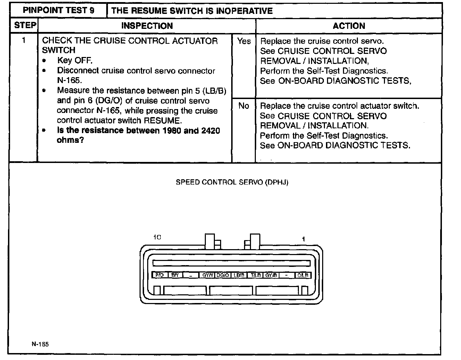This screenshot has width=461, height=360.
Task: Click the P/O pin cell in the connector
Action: (x=159, y=275)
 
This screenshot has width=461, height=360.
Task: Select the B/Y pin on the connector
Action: (x=175, y=275)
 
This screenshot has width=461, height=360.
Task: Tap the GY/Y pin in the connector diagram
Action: (x=208, y=275)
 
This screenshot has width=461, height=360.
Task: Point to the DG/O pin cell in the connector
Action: (x=223, y=275)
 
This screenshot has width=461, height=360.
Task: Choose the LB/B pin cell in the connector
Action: (x=239, y=275)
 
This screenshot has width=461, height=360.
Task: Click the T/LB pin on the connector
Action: (x=255, y=275)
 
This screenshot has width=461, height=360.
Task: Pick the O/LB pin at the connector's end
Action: (x=303, y=275)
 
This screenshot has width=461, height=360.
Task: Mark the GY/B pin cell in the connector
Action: (x=271, y=275)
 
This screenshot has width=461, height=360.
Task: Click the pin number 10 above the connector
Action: (x=157, y=237)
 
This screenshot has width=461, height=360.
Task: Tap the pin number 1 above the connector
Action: (x=303, y=239)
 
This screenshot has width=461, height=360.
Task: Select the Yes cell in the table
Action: (x=244, y=41)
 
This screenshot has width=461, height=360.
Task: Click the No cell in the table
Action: (x=244, y=106)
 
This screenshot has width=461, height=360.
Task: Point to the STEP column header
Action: (x=25, y=25)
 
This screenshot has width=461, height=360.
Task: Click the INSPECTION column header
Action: (x=147, y=26)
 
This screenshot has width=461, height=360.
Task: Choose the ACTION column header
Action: (x=349, y=26)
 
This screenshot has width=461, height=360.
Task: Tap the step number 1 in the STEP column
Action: (x=24, y=40)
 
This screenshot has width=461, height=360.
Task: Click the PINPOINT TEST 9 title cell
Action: (x=58, y=10)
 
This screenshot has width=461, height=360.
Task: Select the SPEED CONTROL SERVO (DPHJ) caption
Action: (x=232, y=182)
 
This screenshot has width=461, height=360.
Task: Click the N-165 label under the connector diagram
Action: (x=40, y=344)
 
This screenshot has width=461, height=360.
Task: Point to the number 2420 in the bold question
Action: (x=210, y=131)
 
